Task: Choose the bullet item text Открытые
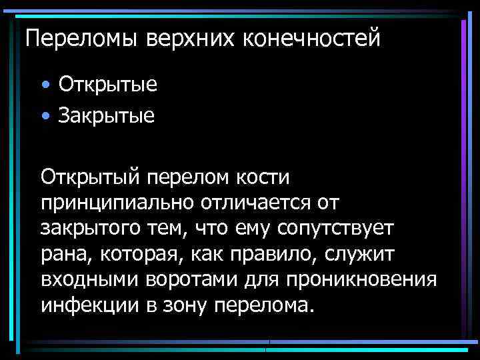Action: [x=108, y=85]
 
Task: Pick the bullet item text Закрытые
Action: [x=107, y=117]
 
